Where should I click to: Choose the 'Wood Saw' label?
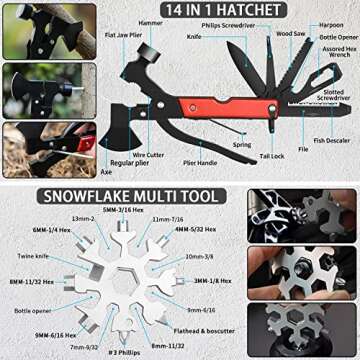[x=291, y=34]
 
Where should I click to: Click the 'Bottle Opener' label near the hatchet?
[x=335, y=39]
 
